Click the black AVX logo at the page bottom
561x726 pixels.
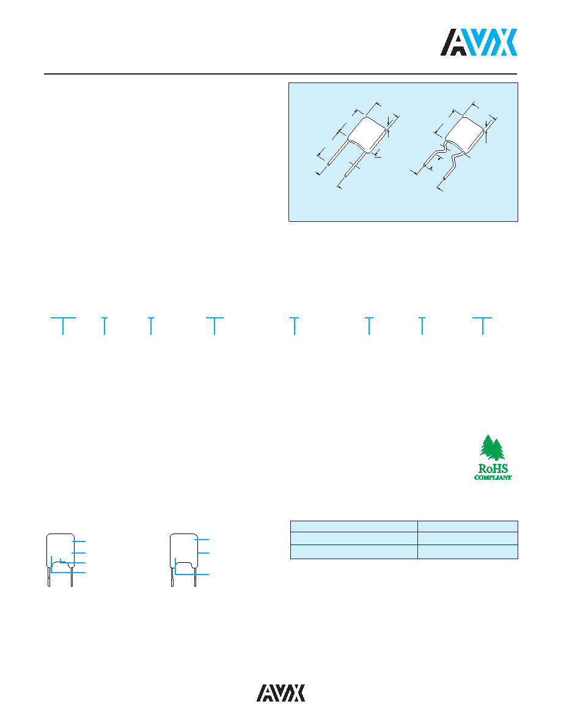tap(281, 693)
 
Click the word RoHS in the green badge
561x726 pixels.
tap(493, 469)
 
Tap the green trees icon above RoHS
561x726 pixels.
tap(492, 448)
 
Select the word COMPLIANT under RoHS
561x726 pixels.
tap(493, 477)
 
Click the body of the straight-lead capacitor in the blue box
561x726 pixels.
tap(367, 134)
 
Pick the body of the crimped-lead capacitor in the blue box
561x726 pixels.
tap(464, 135)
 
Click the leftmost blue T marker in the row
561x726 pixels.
tap(62, 326)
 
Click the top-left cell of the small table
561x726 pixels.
tap(354, 526)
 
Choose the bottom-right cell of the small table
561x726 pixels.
tap(468, 552)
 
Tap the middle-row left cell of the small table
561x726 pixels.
tap(354, 538)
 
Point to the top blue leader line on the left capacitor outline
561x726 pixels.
tap(79, 541)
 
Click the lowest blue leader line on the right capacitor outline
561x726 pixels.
tap(192, 574)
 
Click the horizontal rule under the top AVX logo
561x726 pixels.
tap(280, 73)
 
